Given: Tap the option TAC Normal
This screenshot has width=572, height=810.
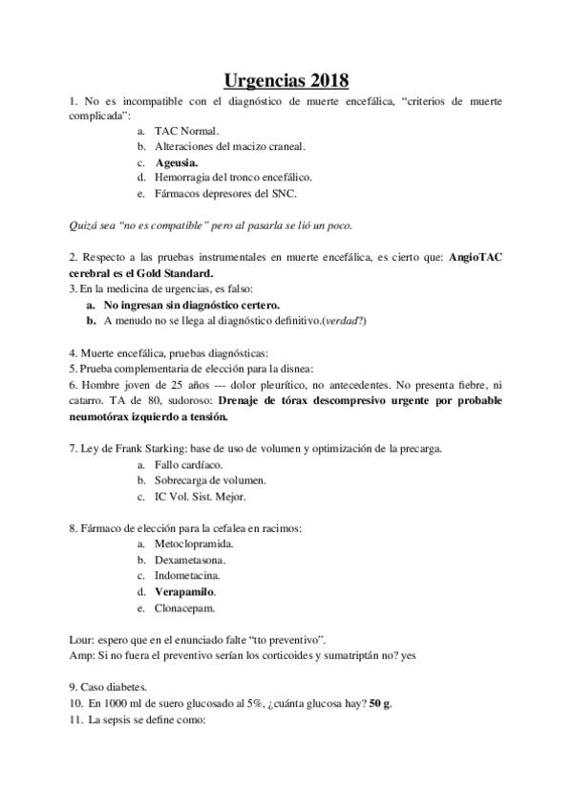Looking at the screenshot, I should click(x=187, y=130).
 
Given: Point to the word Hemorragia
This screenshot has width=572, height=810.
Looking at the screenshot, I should click(x=188, y=178).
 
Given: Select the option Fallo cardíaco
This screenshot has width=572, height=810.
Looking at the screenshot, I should click(x=188, y=464).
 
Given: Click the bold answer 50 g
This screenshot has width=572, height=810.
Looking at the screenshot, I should click(x=381, y=704).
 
